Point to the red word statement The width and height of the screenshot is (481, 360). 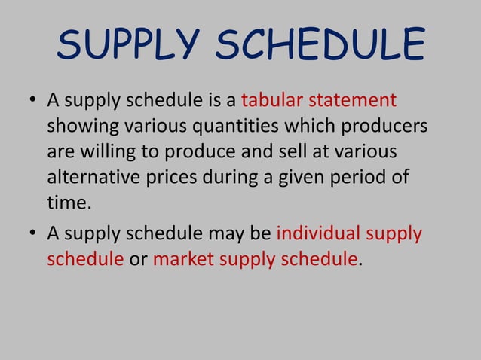click(355, 100)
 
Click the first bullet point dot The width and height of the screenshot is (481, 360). click(30, 101)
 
